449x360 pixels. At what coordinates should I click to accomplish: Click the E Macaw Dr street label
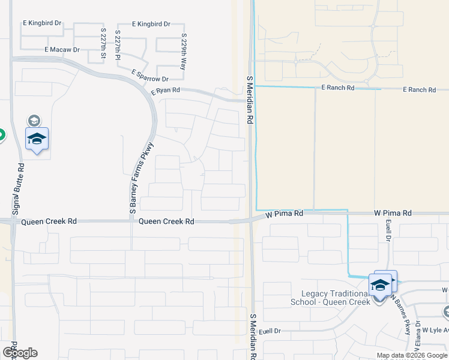point(62,50)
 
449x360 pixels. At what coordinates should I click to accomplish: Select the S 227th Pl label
point(118,44)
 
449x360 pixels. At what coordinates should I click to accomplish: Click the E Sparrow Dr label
point(150,75)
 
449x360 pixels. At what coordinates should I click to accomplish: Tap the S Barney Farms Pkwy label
point(143,178)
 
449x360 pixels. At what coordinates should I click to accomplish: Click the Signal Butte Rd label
point(19,189)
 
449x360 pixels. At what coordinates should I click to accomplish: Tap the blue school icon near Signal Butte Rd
point(37,139)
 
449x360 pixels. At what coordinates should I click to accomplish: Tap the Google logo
point(19,353)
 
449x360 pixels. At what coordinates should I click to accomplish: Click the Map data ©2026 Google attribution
point(412,355)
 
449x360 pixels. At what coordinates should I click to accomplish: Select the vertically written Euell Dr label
point(388,231)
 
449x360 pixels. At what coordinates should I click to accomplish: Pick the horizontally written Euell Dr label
point(271,331)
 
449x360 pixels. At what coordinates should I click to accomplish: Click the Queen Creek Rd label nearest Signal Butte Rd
point(49,221)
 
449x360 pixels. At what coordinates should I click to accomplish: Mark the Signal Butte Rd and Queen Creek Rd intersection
point(13,221)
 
